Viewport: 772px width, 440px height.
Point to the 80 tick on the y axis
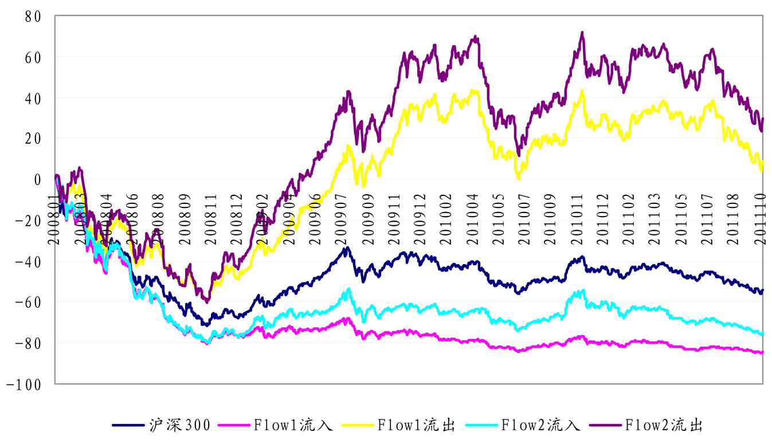(33, 17)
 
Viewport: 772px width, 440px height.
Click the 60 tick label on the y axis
(33, 57)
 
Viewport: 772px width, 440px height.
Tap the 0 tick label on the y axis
(37, 179)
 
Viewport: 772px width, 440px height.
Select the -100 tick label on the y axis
(24, 384)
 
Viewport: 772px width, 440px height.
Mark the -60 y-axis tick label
(28, 302)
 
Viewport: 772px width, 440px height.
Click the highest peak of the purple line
(582, 33)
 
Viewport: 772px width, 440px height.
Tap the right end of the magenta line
(762, 352)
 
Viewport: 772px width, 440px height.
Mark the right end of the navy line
(762, 290)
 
